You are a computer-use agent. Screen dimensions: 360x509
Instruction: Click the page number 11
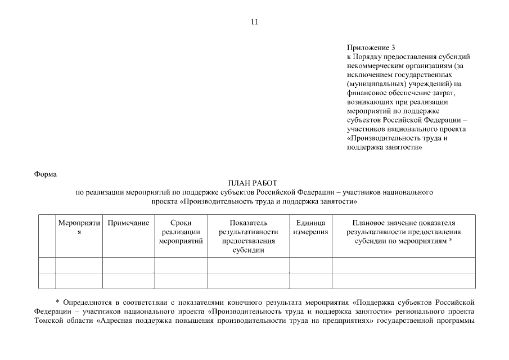pyautogui.click(x=254, y=22)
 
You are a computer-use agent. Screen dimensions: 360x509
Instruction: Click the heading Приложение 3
pyautogui.click(x=371, y=48)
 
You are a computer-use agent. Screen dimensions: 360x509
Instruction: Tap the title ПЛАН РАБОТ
pyautogui.click(x=254, y=183)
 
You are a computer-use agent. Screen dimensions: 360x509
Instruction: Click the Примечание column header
pyautogui.click(x=128, y=223)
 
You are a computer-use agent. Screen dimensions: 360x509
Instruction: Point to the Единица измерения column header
pyautogui.click(x=310, y=228)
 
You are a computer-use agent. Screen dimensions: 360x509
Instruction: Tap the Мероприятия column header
pyautogui.click(x=79, y=228)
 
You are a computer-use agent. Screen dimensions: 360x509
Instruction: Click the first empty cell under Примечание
pyautogui.click(x=128, y=265)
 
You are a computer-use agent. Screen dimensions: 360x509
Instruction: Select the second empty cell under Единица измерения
pyautogui.click(x=310, y=280)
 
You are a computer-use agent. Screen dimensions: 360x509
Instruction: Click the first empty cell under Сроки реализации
pyautogui.click(x=181, y=265)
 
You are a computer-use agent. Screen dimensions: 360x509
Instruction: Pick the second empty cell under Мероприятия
pyautogui.click(x=79, y=280)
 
